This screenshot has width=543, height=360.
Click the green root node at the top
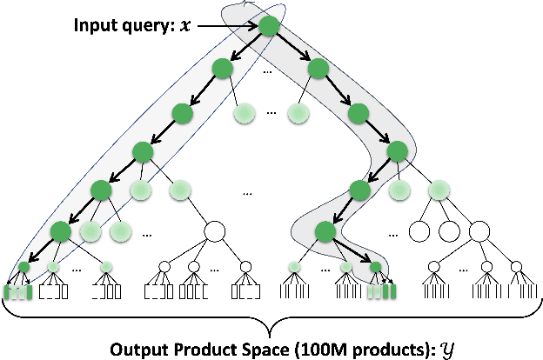click(269, 26)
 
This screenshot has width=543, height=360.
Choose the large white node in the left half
click(215, 231)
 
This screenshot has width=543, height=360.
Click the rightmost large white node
click(479, 231)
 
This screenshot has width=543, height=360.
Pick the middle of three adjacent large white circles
click(449, 232)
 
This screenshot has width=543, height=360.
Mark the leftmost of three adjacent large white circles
click(419, 232)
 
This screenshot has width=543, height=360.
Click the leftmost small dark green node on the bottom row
click(23, 267)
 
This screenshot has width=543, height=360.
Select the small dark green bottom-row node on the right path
click(375, 267)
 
